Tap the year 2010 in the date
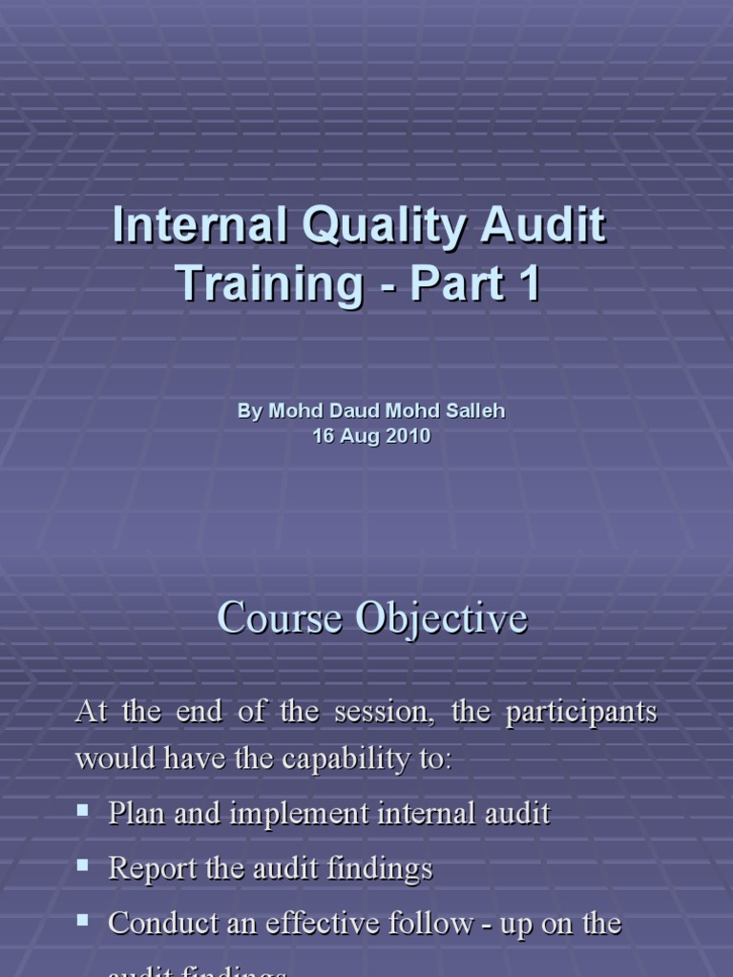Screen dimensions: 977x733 pos(409,436)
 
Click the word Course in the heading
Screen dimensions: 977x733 pos(281,618)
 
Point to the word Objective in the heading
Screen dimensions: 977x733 pos(442,618)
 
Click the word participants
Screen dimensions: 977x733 pos(581,714)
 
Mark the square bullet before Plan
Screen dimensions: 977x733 pos(83,811)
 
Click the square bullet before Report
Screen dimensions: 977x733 pos(83,866)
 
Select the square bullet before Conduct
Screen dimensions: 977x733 pos(83,922)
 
